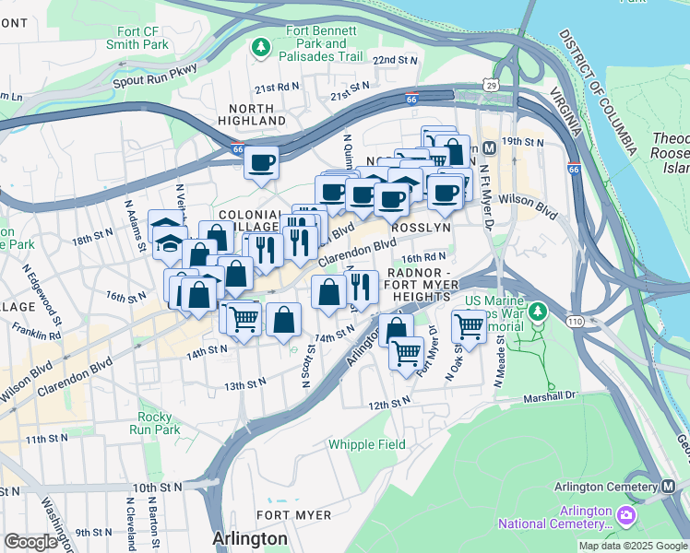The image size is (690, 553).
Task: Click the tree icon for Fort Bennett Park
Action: coord(263,45)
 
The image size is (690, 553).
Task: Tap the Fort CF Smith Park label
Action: coord(137,37)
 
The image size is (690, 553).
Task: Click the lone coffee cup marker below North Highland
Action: coord(262,162)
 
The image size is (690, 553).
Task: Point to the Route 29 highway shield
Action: coord(493,85)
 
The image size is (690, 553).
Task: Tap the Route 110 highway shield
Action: coord(550,321)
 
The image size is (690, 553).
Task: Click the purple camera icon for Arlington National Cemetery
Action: coord(627,512)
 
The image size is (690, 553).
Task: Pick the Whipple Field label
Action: coord(367,444)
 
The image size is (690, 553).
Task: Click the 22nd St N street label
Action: coord(395,60)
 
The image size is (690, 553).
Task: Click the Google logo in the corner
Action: coord(30,542)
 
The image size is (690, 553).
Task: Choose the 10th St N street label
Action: coord(157,487)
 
